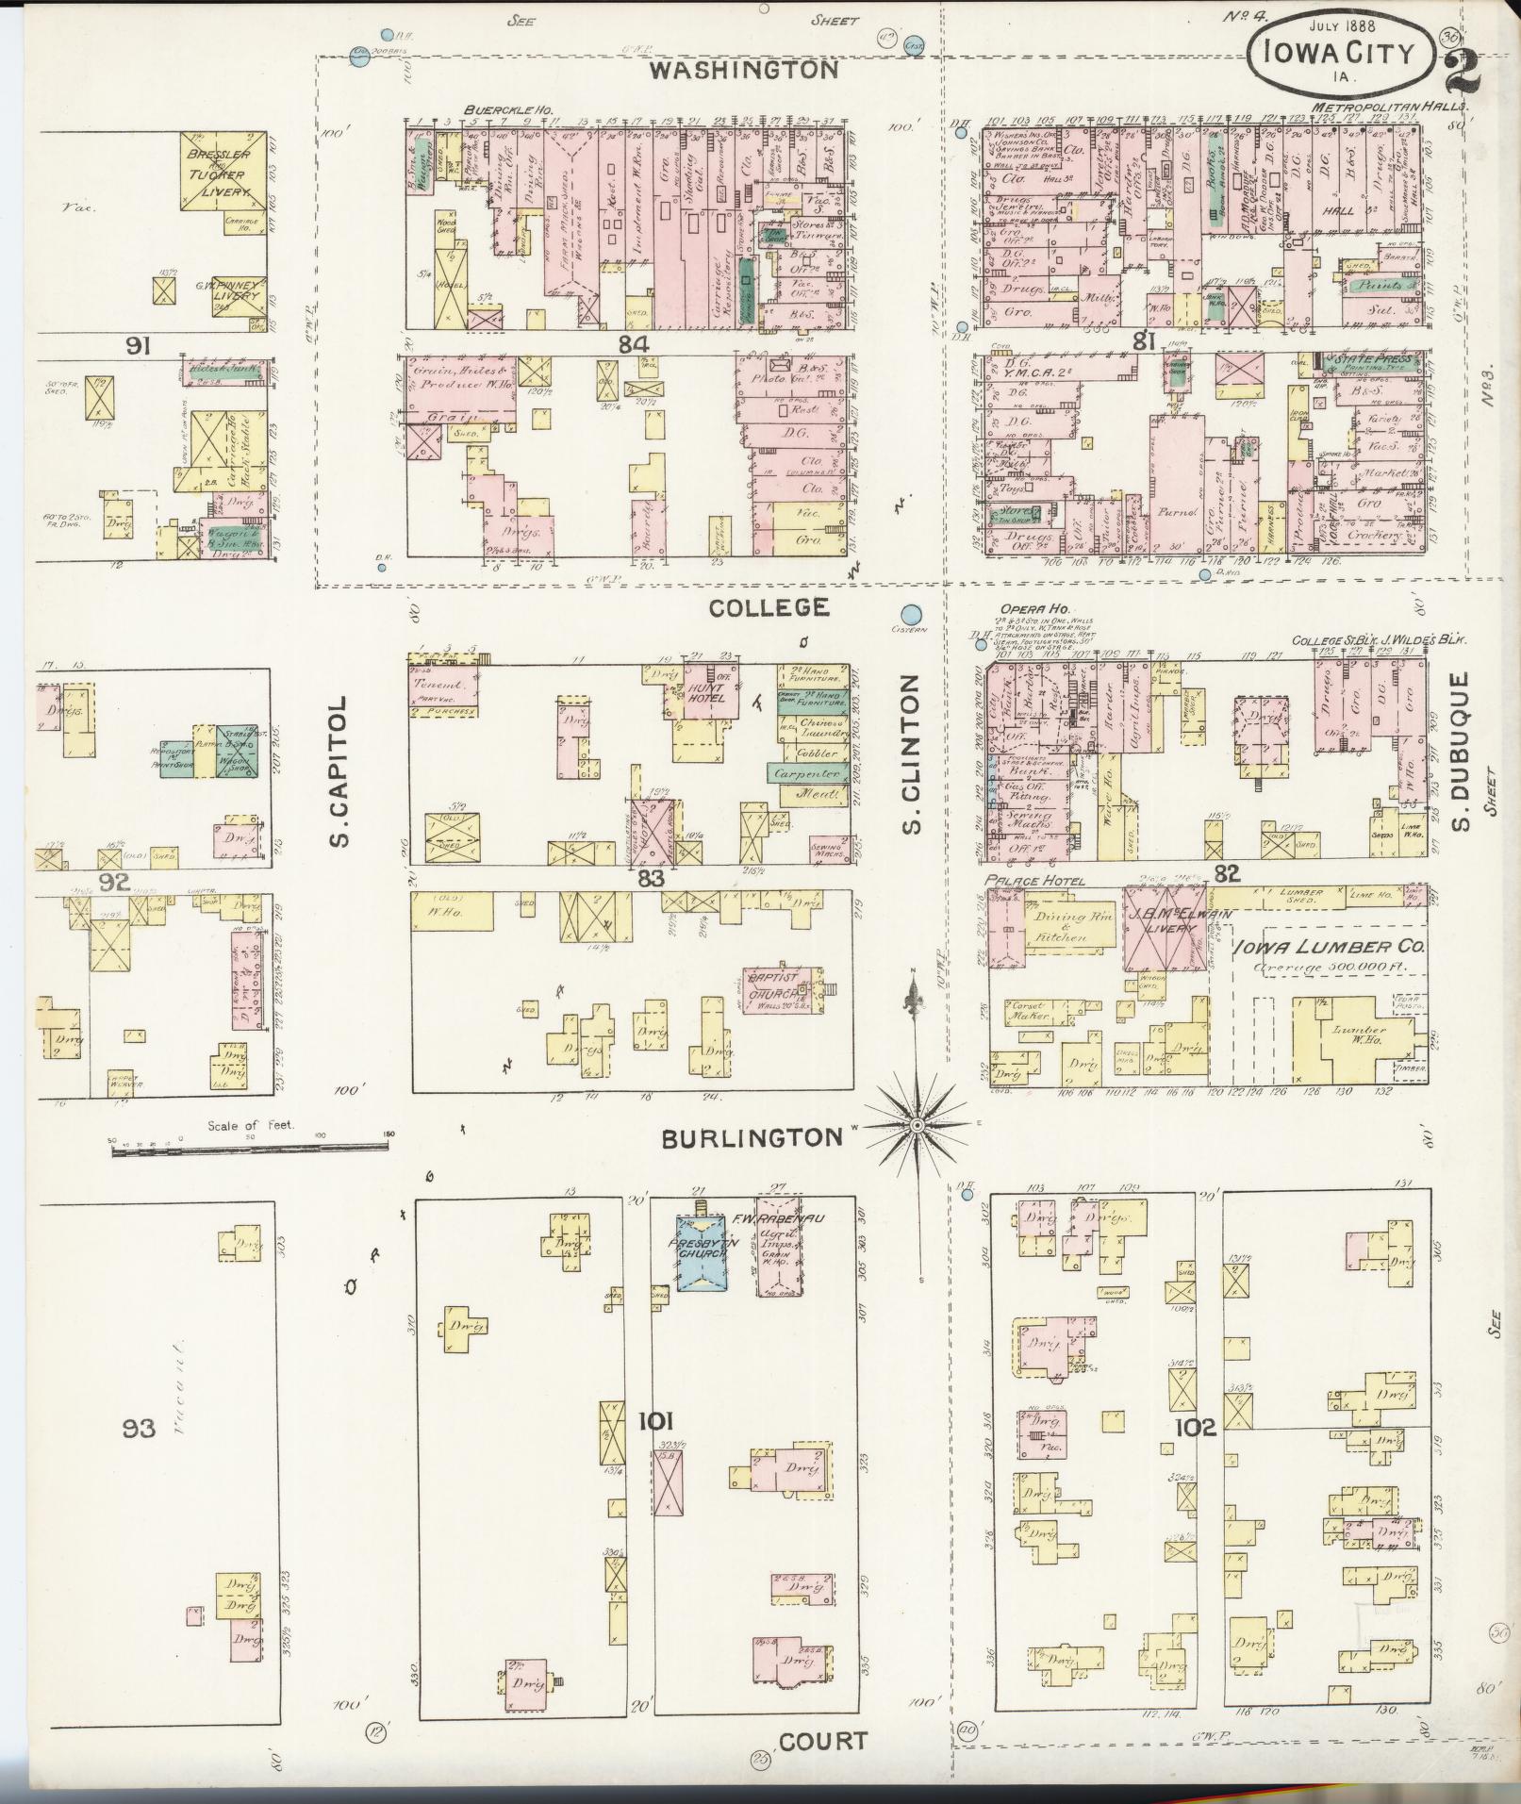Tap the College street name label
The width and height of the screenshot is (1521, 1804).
point(769,607)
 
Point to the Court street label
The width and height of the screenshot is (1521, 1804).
point(824,1740)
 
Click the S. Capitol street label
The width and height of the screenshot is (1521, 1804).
point(341,771)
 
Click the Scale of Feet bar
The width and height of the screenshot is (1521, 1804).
point(250,1147)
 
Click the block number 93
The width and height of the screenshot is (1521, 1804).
point(138,1430)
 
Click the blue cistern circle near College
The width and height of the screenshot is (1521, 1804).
point(911,614)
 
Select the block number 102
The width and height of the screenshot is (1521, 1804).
point(1195,1428)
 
